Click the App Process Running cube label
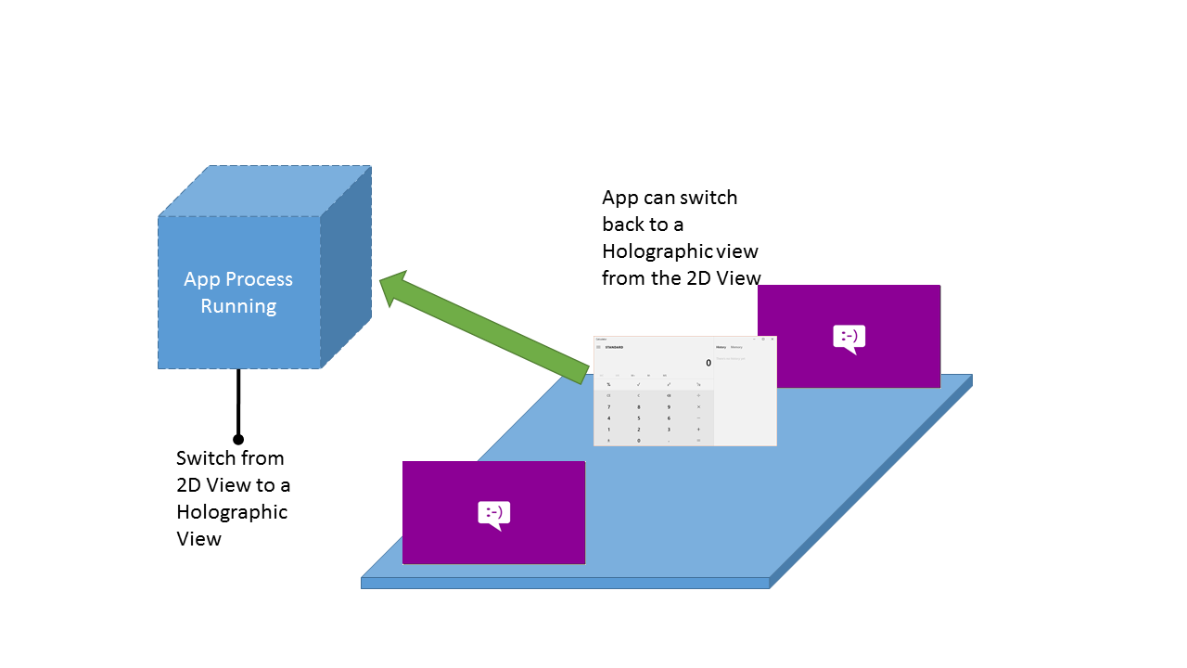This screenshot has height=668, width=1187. [238, 292]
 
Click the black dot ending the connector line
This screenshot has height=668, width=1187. [238, 439]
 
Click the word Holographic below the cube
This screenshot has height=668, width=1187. [232, 512]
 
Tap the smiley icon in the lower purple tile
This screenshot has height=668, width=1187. [494, 514]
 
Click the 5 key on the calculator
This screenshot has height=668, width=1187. [638, 418]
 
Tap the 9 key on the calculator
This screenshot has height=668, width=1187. [669, 406]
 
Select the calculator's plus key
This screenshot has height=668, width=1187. [698, 430]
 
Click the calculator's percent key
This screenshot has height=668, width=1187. [608, 384]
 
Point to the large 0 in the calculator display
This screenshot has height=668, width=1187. [708, 363]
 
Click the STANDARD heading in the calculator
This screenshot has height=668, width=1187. [614, 347]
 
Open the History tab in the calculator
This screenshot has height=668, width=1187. [721, 347]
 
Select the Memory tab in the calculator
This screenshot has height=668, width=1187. [736, 347]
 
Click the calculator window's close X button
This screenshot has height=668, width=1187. [772, 339]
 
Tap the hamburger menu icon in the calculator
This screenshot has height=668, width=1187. [598, 347]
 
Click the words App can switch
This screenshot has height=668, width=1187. [670, 198]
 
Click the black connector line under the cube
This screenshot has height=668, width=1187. [238, 404]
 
